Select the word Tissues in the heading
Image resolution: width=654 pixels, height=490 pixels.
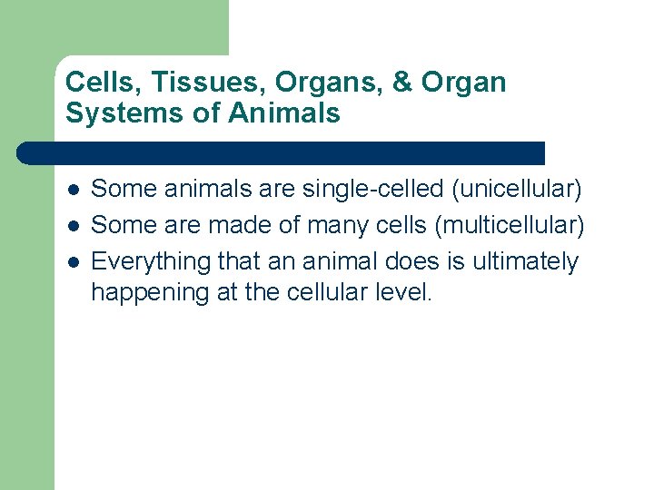tap(191, 83)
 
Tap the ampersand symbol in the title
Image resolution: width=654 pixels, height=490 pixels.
tap(402, 83)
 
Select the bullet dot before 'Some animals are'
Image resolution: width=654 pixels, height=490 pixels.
tap(73, 190)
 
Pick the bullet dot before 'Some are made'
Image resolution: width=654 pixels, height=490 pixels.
tap(73, 226)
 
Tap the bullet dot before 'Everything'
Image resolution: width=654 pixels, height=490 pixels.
tap(73, 262)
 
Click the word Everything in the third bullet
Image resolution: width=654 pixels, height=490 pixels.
tap(151, 261)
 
